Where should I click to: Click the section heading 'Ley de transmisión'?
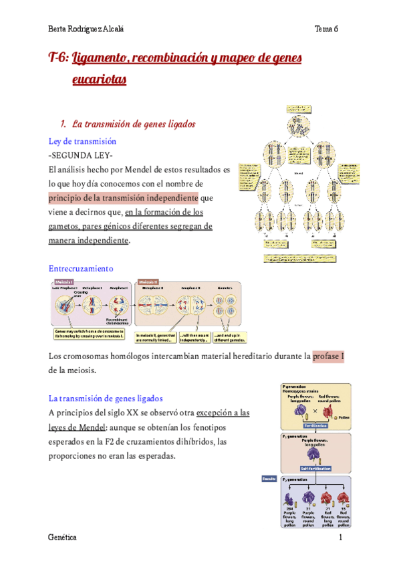83,142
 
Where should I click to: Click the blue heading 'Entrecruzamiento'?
82,267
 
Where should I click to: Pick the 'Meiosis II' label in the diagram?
148,281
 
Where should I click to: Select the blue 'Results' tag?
269,479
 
